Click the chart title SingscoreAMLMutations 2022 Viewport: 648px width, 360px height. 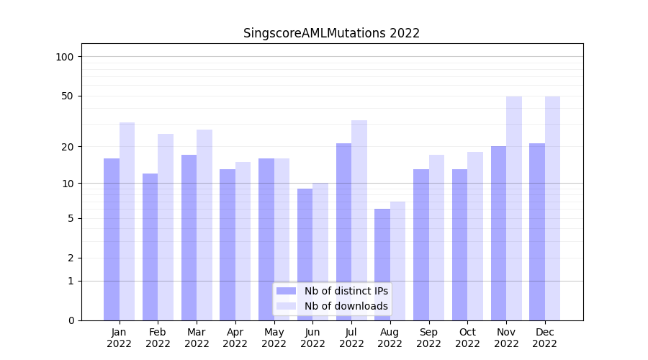pos(331,33)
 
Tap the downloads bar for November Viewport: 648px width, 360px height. pos(514,208)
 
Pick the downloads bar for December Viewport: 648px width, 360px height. pos(552,208)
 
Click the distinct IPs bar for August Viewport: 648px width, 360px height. pos(382,264)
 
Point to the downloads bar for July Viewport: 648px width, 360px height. pos(359,220)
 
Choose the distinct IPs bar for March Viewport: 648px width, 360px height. pos(189,238)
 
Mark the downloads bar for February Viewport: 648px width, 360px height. pos(166,227)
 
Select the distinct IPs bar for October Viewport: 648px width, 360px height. pos(459,245)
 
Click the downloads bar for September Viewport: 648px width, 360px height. pos(436,238)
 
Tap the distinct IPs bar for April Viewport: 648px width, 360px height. pos(228,245)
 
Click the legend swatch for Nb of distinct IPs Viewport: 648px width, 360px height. pos(286,291)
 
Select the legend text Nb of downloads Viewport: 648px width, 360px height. pos(346,306)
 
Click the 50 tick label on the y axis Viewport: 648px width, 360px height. pos(68,96)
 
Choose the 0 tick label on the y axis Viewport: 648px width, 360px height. pos(71,320)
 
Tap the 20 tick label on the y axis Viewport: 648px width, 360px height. pos(68,147)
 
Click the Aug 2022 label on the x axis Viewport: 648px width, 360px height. pos(390,338)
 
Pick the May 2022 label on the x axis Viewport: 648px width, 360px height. pos(274,338)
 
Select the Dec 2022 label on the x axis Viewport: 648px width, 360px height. pos(545,338)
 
